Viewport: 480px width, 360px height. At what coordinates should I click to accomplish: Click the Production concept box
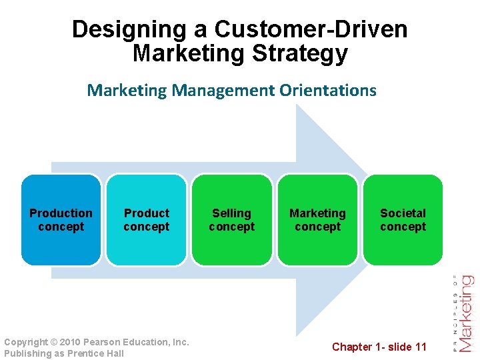coord(61,220)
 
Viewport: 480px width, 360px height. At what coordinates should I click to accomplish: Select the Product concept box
coord(146,220)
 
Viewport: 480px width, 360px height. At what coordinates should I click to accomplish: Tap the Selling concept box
coord(231,220)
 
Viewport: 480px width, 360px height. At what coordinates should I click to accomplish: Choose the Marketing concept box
coord(317,220)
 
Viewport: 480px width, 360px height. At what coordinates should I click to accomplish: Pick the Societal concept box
coord(403,220)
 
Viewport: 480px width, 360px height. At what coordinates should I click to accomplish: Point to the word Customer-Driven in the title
coord(311,30)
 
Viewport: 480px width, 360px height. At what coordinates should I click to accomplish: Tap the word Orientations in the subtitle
coord(327,90)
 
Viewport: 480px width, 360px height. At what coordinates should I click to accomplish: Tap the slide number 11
coord(420,347)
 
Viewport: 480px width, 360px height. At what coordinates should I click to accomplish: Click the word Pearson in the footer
coord(105,342)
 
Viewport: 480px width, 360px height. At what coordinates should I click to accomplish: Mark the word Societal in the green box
coord(403,213)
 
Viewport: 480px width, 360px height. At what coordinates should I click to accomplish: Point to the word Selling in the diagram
coord(231,213)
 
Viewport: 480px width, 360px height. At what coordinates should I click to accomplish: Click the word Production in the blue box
coord(61,213)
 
